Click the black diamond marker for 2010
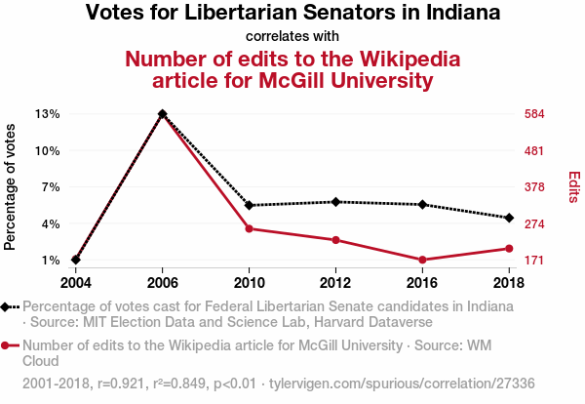click(x=250, y=205)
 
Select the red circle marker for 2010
click(x=250, y=228)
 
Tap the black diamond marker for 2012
click(x=335, y=202)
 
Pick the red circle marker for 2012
click(x=335, y=240)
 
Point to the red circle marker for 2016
click(x=422, y=260)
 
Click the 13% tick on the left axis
click(x=47, y=113)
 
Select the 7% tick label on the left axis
click(x=50, y=186)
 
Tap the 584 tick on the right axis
click(x=534, y=113)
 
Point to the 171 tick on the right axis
click(x=534, y=261)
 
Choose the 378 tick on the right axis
click(x=534, y=186)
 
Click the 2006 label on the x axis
click(x=162, y=283)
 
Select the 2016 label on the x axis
click(x=422, y=283)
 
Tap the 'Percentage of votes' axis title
click(x=11, y=186)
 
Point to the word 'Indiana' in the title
click(x=452, y=14)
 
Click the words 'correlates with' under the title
click(x=292, y=37)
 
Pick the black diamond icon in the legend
click(x=7, y=306)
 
